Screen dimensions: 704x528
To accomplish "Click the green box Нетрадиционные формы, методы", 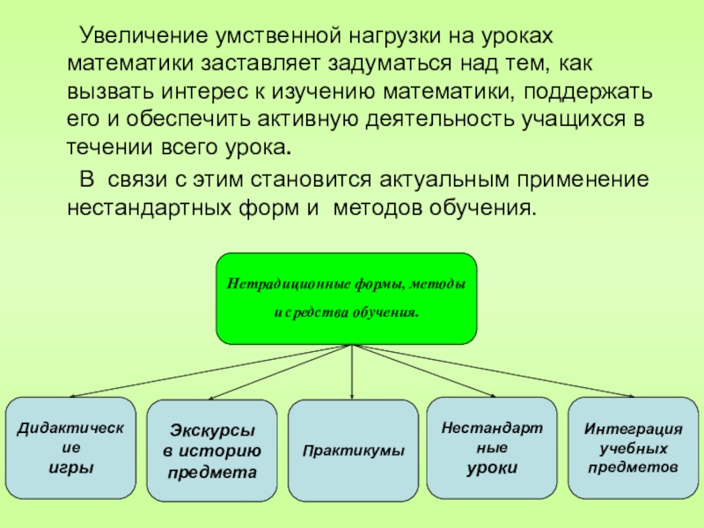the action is (347, 298).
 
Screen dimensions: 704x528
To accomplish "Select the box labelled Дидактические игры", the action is (71, 449).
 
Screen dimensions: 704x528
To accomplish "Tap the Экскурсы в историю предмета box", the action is (213, 452).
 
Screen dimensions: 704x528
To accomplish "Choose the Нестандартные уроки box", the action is (492, 449).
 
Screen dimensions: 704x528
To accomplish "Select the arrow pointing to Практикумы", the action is (352, 374).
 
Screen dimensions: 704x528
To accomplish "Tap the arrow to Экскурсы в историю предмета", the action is (282, 372).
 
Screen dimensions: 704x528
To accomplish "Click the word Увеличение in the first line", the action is (140, 36).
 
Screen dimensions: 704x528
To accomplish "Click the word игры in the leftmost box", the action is (70, 466).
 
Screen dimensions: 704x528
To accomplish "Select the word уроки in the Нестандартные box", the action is (492, 466).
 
